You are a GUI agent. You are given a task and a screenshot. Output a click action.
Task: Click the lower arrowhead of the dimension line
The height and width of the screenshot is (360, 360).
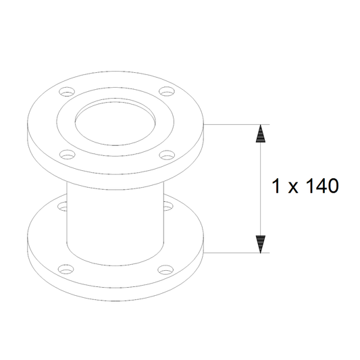tap(260, 245)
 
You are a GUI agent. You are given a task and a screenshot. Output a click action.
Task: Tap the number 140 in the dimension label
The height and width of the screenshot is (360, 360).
tap(322, 186)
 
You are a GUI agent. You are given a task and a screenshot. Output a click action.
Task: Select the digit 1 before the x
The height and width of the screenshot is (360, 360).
tap(276, 186)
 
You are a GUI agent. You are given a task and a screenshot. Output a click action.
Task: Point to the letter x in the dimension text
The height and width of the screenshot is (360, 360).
tap(293, 188)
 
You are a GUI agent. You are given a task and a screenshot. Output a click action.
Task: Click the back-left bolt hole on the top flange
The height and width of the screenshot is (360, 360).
tap(67, 92)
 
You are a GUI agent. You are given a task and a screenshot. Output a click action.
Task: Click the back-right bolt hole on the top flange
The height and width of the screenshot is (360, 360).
tap(167, 91)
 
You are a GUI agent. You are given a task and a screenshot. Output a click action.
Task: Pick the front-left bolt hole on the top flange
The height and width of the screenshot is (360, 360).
tap(68, 155)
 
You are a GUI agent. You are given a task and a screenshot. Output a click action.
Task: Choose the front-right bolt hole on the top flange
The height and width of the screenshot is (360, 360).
tap(167, 155)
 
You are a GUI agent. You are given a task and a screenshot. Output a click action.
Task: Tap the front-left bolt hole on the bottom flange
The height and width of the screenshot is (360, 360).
tap(67, 269)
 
